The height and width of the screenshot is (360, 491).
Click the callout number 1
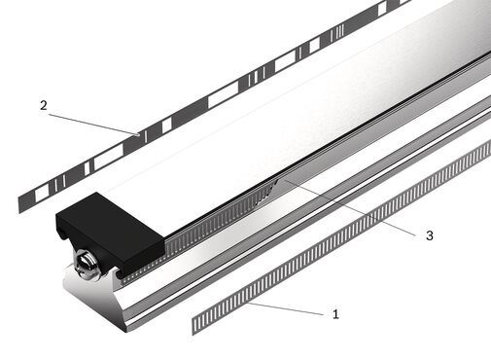click(335, 314)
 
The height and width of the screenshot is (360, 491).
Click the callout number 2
click(44, 105)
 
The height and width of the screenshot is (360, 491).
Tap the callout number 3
click(430, 235)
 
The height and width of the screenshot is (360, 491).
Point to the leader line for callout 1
click(285, 308)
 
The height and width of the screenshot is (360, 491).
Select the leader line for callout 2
click(93, 124)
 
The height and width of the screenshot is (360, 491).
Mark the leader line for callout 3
click(348, 207)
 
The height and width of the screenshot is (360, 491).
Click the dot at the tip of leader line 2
click(138, 133)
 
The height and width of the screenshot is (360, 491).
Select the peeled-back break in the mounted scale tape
click(266, 193)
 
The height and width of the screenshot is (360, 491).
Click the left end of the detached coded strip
click(20, 204)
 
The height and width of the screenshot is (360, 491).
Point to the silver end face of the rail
click(94, 302)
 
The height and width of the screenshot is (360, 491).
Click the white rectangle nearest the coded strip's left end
click(41, 196)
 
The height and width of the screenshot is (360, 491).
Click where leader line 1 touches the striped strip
click(247, 303)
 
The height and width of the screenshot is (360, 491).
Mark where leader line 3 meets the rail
click(283, 179)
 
